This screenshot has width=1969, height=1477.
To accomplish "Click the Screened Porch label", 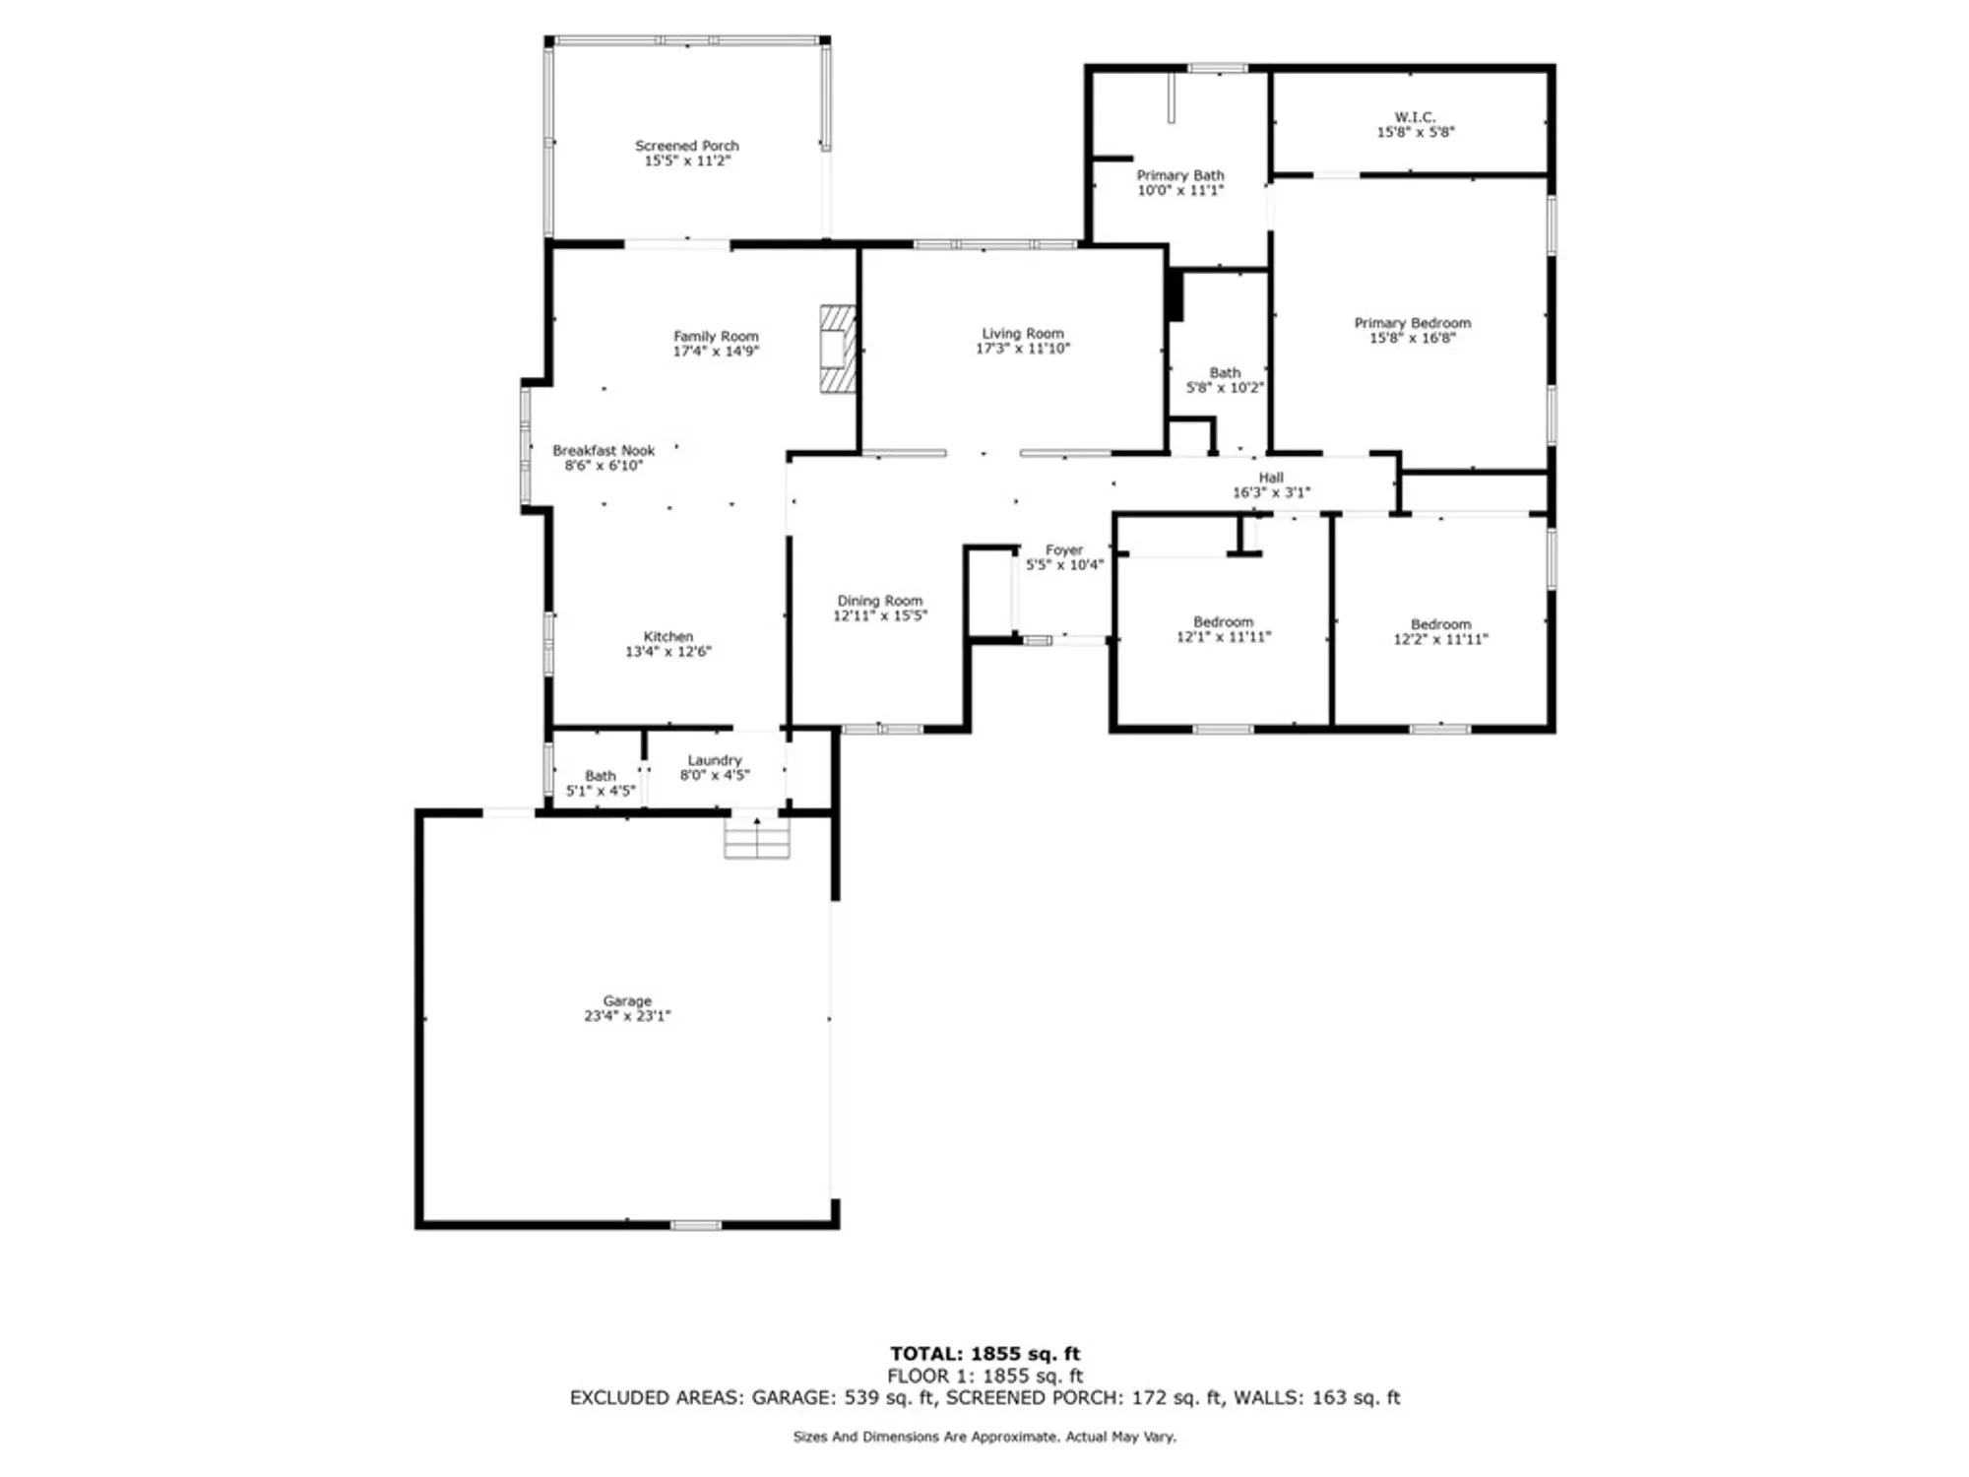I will pyautogui.click(x=686, y=146).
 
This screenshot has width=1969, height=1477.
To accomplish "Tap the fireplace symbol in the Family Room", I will pyautogui.click(x=838, y=350).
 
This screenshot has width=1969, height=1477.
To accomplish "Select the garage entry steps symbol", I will pyautogui.click(x=756, y=838).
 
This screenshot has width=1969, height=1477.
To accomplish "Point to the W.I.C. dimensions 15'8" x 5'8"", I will pyautogui.click(x=1415, y=132).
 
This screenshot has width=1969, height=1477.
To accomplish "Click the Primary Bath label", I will pyautogui.click(x=1179, y=175).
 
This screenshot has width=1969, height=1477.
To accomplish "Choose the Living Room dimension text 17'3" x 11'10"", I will pyautogui.click(x=1022, y=349).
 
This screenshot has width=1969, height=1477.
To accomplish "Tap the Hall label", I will pyautogui.click(x=1270, y=478).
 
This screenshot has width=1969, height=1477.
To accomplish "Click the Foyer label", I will pyautogui.click(x=1063, y=550).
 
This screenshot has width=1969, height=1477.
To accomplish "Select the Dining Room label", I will pyautogui.click(x=879, y=601).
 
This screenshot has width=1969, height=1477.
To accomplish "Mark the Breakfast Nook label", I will pyautogui.click(x=603, y=451).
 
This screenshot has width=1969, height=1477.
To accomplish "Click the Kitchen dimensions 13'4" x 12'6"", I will pyautogui.click(x=667, y=652).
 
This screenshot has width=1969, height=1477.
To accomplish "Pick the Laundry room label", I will pyautogui.click(x=714, y=760).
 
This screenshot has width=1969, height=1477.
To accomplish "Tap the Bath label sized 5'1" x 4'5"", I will pyautogui.click(x=600, y=776).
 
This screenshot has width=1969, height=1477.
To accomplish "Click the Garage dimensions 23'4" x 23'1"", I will pyautogui.click(x=626, y=1016).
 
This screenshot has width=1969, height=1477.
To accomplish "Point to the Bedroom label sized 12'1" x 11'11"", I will pyautogui.click(x=1223, y=622).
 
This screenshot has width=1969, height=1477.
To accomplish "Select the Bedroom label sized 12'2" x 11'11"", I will pyautogui.click(x=1439, y=624).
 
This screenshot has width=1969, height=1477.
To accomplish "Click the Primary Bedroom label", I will pyautogui.click(x=1412, y=323).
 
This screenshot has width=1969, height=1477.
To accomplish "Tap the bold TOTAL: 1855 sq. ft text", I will pyautogui.click(x=984, y=1354).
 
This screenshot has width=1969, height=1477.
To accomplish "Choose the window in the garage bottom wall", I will pyautogui.click(x=695, y=1225).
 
